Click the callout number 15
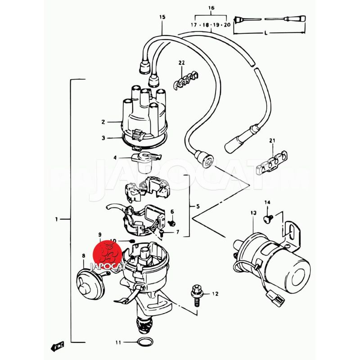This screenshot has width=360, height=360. (162, 17)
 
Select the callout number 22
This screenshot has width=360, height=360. (181, 63)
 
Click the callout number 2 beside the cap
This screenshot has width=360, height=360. (103, 121)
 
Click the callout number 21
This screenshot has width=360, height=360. (271, 142)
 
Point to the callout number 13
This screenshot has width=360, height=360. (253, 212)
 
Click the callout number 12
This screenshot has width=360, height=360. (215, 294)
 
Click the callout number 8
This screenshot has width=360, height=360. (83, 256)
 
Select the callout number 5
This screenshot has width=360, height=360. (198, 207)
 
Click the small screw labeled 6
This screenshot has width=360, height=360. (171, 222)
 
